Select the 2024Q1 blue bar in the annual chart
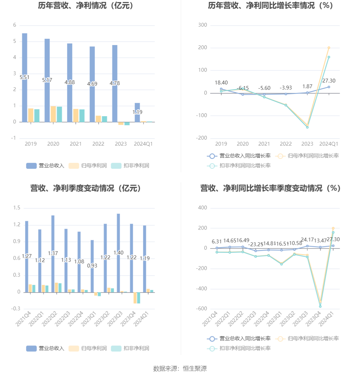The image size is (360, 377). click(137, 108)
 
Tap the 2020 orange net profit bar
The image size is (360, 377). click(53, 114)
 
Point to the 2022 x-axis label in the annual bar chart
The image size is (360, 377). click(98, 144)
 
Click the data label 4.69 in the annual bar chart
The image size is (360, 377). click(92, 84)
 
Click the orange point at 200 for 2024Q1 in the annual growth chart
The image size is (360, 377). click(329, 48)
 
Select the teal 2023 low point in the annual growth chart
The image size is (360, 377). click(307, 127)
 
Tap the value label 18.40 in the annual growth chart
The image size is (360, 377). click(221, 83)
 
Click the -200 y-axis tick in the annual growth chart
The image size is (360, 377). click(202, 138)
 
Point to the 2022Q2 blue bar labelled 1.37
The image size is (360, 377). click(53, 235)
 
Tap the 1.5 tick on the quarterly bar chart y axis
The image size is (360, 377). click(17, 208)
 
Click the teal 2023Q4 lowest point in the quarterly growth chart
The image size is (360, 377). click(320, 306)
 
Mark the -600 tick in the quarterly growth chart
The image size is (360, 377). click(202, 308)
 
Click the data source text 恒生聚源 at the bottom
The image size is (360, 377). click(195, 368)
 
